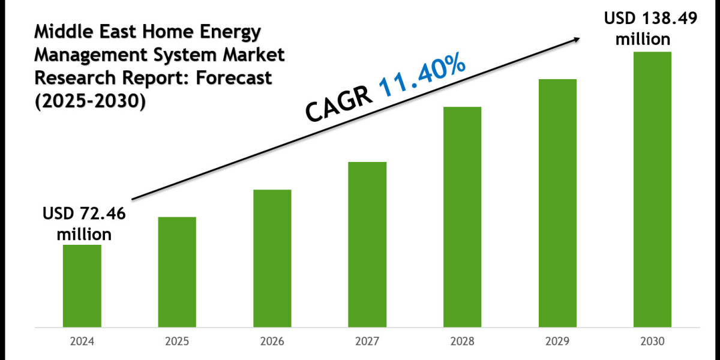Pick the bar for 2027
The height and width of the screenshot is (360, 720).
[367, 244]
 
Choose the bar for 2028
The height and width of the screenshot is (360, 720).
[462, 217]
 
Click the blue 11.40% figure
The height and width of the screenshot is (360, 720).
[422, 74]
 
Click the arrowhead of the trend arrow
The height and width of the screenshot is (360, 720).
[577, 39]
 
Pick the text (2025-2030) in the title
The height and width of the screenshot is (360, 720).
[89, 101]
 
